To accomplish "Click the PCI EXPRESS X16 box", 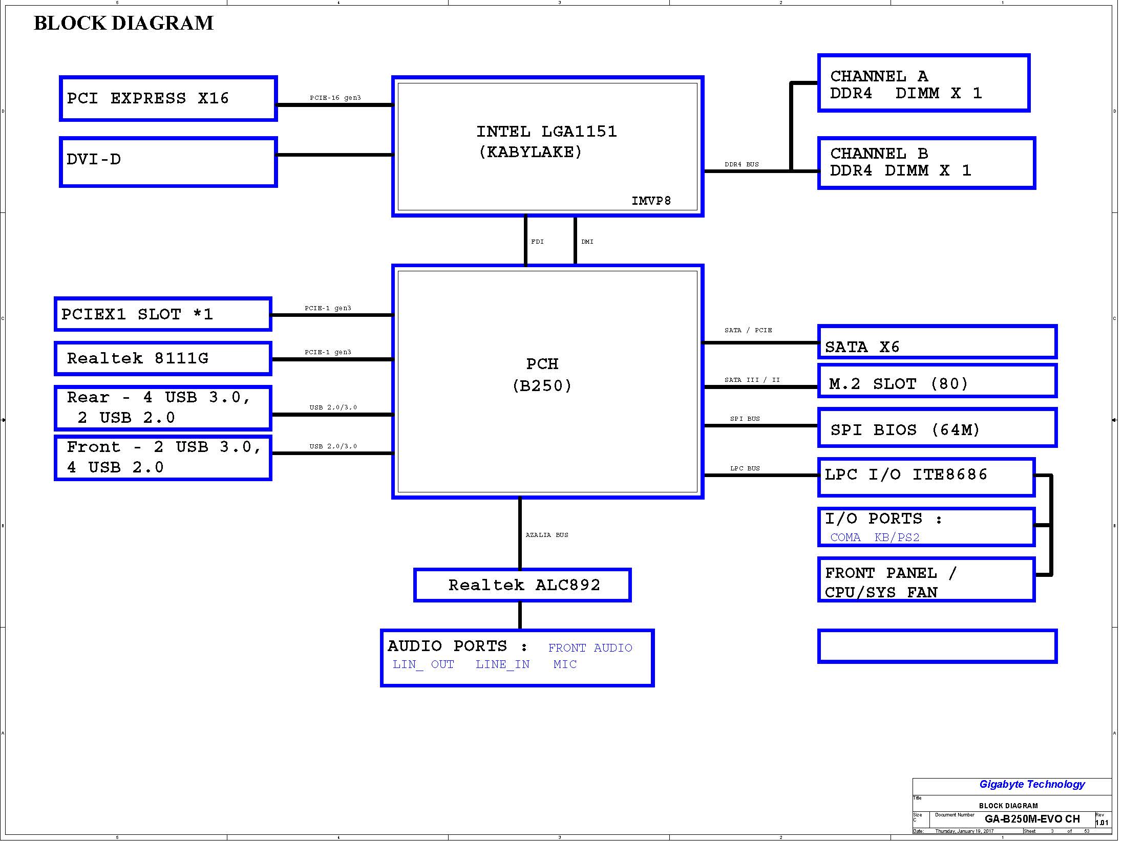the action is tap(168, 99).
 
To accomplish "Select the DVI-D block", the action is tap(168, 162).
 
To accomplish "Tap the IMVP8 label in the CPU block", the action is tap(651, 201).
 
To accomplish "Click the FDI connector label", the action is tap(537, 242).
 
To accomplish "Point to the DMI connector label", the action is tap(587, 242).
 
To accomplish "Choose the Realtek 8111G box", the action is tap(163, 358).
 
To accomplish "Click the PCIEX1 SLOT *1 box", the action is tap(163, 314).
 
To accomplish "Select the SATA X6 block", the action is tap(938, 341).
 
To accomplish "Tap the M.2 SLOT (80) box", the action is tap(938, 381).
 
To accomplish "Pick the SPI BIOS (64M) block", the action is tap(938, 427).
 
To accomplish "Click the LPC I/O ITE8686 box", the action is tap(926, 477).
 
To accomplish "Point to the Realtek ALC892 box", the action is tap(522, 585).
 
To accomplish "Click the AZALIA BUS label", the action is tap(547, 535).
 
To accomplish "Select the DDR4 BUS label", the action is tap(741, 164).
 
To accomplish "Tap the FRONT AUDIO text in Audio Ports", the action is tap(590, 648).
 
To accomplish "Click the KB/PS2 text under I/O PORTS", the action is tap(897, 537).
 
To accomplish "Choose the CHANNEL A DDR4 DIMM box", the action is tap(924, 83).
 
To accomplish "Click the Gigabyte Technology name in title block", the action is tap(1032, 784).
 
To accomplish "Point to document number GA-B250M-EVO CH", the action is tap(1032, 819).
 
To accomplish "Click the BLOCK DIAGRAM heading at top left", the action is tap(123, 23).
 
